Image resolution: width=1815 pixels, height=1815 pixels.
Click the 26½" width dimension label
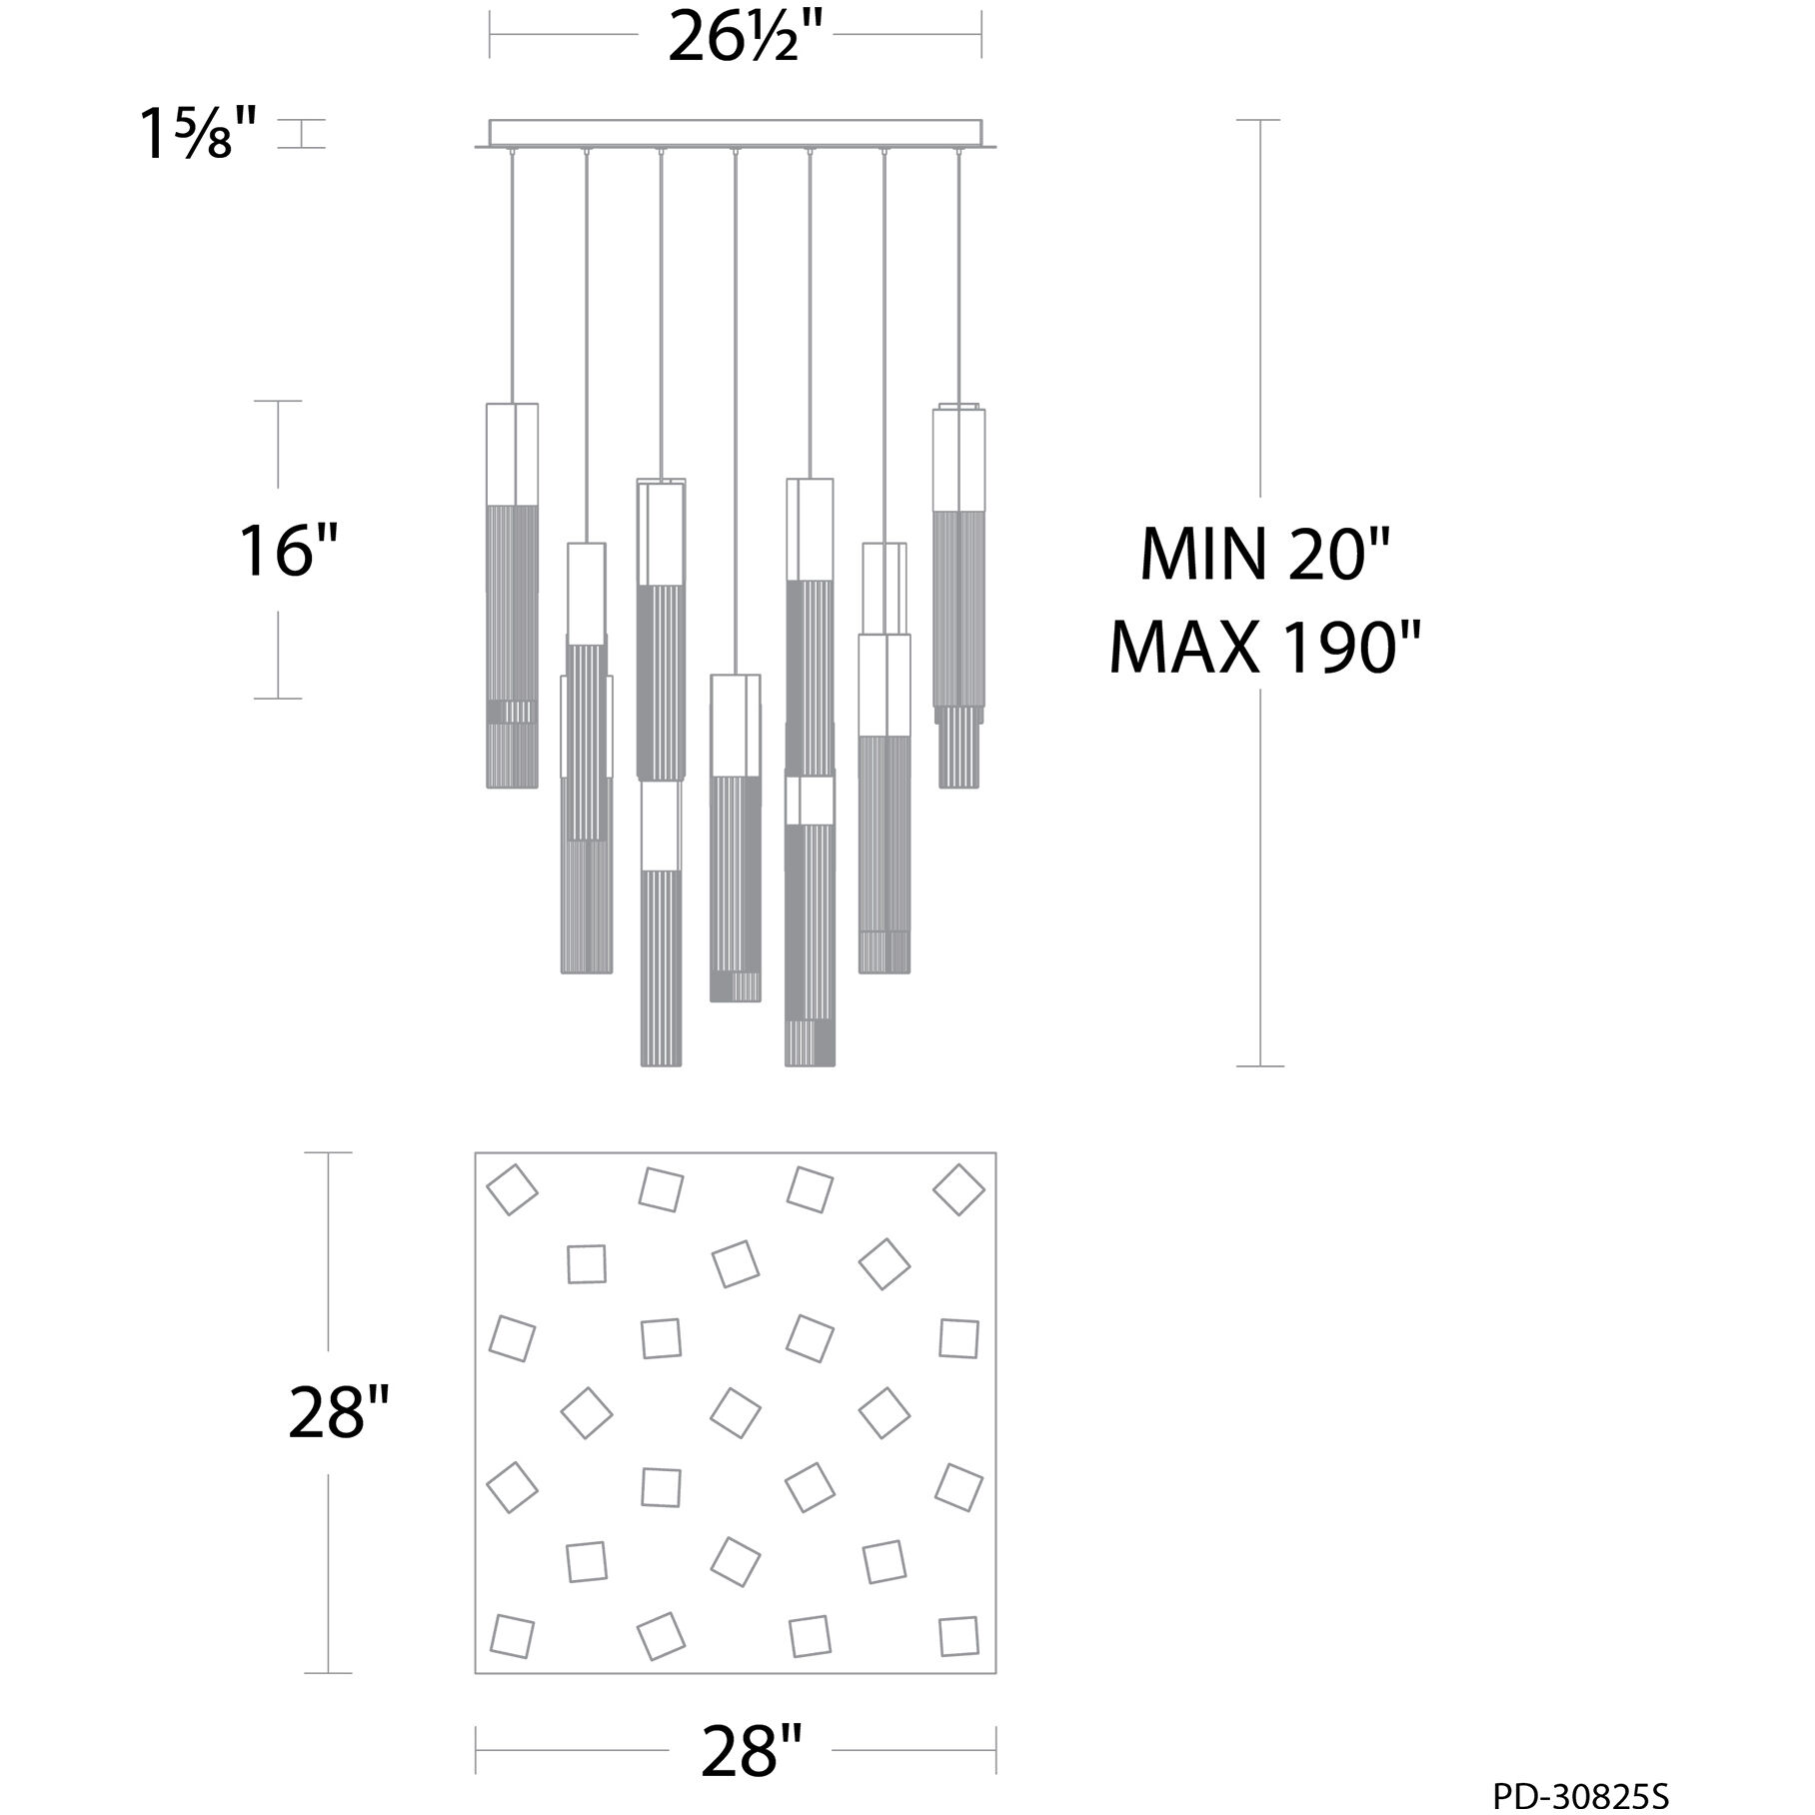(x=735, y=36)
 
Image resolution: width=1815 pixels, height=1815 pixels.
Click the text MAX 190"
(x=1265, y=647)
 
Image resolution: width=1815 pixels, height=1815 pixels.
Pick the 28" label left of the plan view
(x=338, y=1412)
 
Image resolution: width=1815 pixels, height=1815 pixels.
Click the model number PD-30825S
(x=1580, y=1796)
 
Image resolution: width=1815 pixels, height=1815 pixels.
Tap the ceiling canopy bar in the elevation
(x=736, y=135)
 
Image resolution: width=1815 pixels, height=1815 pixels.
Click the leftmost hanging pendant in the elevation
(x=512, y=595)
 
